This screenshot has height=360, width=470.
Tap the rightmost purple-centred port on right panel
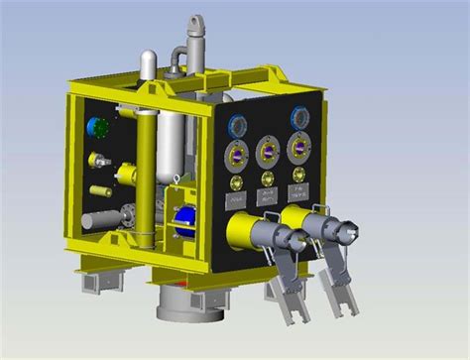296,148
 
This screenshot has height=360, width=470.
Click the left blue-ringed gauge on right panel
237,125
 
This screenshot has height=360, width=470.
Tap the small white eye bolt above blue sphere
175,180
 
